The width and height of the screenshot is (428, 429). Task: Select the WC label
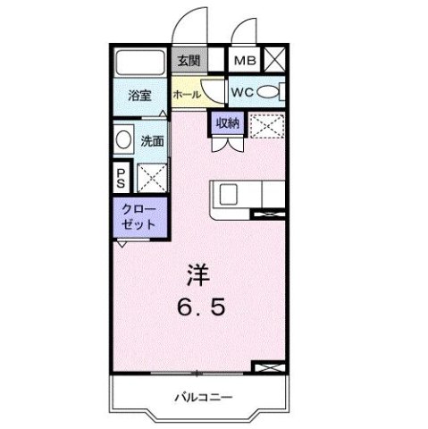point(242,91)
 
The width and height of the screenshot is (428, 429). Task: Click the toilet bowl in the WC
point(279,91)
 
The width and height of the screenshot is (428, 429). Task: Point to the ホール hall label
point(186,94)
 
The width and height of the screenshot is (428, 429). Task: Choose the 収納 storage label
point(225,124)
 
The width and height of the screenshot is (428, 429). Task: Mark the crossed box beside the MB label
point(273,61)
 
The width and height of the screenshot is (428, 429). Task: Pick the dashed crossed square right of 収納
point(266,128)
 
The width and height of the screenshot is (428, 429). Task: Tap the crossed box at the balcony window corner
point(269,368)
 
